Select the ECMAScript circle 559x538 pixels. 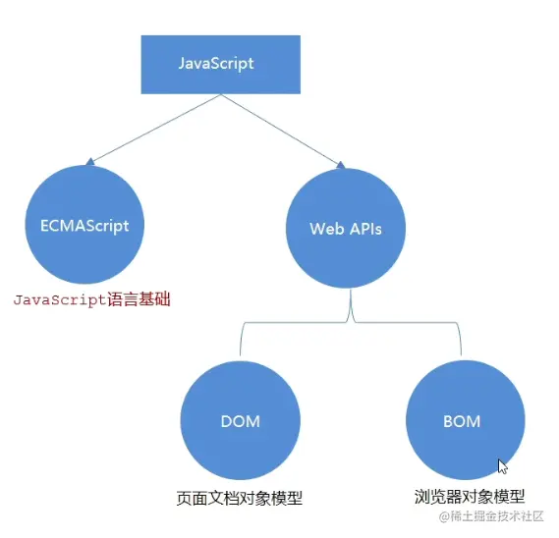tap(79, 225)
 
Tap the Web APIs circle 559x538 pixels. tap(345, 228)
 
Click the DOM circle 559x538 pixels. tap(240, 421)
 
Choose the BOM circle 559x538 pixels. tap(461, 421)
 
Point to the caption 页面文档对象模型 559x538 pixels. tap(239, 498)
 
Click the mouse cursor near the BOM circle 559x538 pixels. tap(502, 465)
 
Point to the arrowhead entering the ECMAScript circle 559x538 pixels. tap(90, 160)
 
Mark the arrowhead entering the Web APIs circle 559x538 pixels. tap(340, 164)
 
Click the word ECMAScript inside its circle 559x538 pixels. tap(79, 225)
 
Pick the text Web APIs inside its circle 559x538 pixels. tap(345, 229)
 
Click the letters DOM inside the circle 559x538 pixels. tap(240, 421)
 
